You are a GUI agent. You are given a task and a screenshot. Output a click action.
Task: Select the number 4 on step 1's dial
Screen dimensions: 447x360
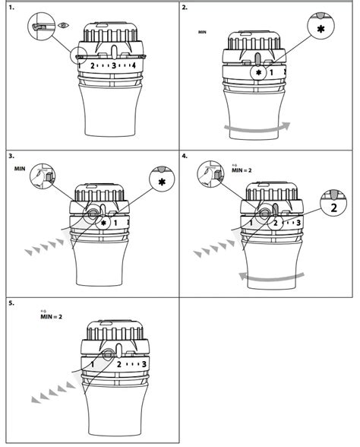point(133,66)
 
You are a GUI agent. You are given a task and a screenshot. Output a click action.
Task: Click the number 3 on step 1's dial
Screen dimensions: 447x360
point(113,66)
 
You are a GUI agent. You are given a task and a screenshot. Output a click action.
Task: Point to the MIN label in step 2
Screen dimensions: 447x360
point(202,33)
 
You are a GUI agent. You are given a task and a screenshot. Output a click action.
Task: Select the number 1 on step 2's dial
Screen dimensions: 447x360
point(271,73)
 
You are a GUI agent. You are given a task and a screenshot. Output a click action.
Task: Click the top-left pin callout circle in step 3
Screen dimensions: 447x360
point(43,179)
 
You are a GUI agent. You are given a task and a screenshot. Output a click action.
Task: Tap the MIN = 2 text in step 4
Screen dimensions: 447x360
point(241,171)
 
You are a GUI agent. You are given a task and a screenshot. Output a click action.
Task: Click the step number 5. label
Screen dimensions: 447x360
point(11,303)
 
